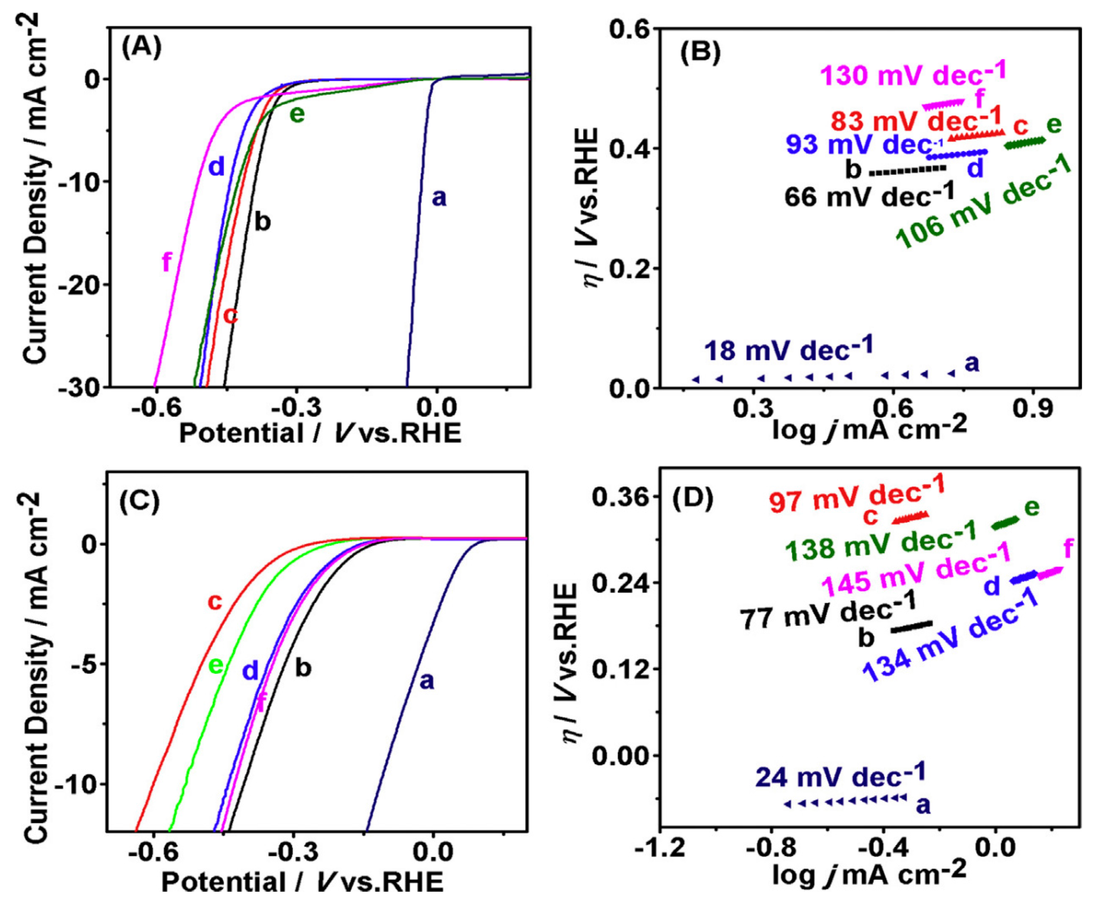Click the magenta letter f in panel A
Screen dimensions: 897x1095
166,263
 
